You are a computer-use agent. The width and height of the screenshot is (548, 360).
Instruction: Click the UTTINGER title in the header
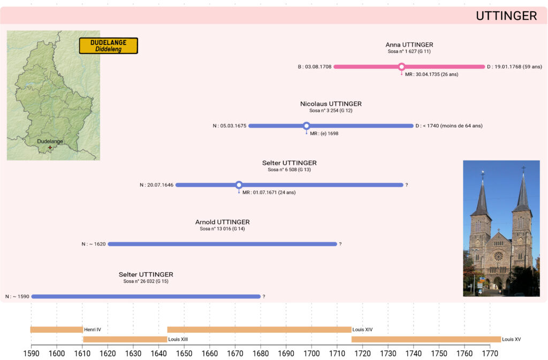tap(506, 16)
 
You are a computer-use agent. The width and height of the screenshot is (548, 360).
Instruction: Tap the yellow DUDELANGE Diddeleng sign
tap(109, 45)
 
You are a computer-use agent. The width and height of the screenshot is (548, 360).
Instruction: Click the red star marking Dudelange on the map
tap(50, 147)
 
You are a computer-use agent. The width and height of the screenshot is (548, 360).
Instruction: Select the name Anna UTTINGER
tap(409, 45)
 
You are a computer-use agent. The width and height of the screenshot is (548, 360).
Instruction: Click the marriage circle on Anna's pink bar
tap(402, 67)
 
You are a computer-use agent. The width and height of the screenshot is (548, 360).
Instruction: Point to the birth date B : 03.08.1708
tap(315, 67)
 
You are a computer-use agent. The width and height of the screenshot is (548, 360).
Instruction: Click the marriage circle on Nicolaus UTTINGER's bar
tap(307, 126)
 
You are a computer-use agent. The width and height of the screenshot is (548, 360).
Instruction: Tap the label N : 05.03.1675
tap(229, 126)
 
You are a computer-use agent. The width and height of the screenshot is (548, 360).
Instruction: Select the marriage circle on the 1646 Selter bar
tap(239, 185)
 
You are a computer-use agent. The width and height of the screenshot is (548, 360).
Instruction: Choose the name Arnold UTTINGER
tap(222, 222)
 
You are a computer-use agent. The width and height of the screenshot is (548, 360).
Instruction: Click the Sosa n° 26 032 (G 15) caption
tap(146, 281)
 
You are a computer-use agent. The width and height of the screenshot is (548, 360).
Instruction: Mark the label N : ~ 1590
tap(17, 296)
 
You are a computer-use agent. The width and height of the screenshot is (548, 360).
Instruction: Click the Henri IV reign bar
tap(56, 330)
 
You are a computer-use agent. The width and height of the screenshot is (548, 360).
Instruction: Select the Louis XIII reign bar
tap(125, 339)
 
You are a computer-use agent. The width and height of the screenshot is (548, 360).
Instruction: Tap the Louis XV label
tap(512, 339)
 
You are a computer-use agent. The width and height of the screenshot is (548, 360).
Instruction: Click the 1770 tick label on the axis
tap(490, 354)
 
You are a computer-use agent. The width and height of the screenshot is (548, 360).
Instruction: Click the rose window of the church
tap(498, 256)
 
